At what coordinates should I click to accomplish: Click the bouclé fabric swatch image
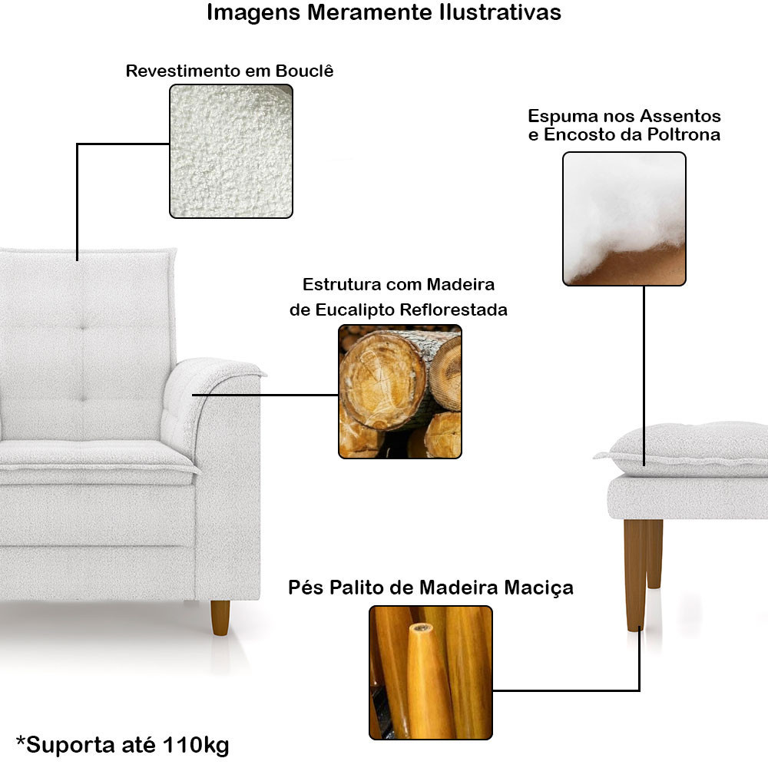231,151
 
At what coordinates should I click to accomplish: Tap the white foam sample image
624,218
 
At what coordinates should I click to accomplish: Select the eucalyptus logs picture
399,392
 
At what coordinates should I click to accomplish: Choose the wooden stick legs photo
431,673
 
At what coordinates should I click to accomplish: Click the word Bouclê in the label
304,71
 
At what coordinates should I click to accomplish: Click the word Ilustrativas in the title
500,12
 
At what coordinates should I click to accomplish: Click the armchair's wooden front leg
220,617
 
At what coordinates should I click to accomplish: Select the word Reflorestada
454,310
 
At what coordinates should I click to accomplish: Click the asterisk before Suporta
21,740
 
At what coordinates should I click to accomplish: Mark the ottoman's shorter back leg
655,554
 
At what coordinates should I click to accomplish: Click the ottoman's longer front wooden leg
635,575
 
